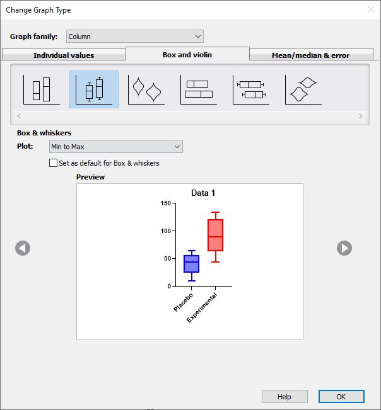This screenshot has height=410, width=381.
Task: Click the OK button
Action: coord(341,396)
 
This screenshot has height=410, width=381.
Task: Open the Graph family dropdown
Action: coord(134,37)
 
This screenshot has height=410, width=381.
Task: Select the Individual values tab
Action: coord(64,55)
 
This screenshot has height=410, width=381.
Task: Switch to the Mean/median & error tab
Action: coord(311,55)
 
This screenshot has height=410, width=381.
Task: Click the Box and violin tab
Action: coord(187,55)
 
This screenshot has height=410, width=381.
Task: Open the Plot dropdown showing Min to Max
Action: coord(115,146)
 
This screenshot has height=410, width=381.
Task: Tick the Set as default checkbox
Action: coord(53,163)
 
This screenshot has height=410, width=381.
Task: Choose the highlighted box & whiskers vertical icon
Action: coord(94,89)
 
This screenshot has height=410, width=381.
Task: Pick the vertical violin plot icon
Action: coord(146,89)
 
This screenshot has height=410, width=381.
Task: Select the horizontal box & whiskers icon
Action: coord(251,89)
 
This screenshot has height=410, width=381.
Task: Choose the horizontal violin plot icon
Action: coord(303,89)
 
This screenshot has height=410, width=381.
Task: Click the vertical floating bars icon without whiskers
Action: coord(42,89)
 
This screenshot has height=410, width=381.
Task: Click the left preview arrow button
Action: coord(23,248)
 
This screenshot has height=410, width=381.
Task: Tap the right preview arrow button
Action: coord(344,248)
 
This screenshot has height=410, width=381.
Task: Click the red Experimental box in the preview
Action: coord(215,235)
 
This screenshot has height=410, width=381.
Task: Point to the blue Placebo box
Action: coord(191,264)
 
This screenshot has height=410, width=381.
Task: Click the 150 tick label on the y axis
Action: coord(166,203)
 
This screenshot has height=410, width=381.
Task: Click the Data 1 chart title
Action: coord(203,193)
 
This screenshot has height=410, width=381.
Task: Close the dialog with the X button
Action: coord(371,9)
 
